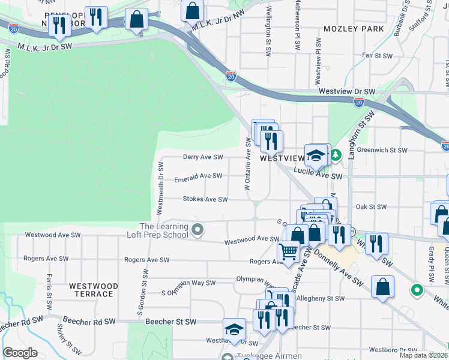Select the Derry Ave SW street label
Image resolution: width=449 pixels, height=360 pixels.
pyautogui.click(x=203, y=157)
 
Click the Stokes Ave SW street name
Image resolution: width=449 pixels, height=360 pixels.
pyautogui.click(x=205, y=199)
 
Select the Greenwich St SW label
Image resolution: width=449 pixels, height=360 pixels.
pyautogui.click(x=383, y=150)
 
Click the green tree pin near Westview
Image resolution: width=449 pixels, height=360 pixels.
pyautogui.click(x=337, y=155)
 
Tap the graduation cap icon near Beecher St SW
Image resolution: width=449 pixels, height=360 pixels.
pyautogui.click(x=234, y=329)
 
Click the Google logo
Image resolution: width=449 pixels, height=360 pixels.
pyautogui.click(x=19, y=353)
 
